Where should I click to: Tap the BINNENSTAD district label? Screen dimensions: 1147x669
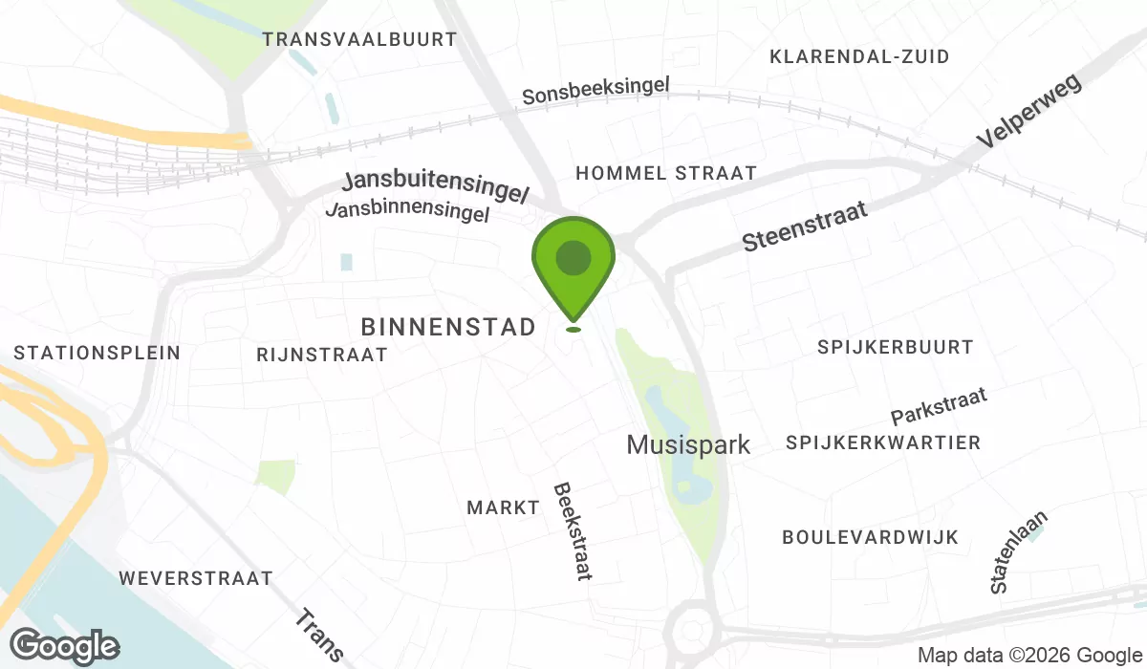448,328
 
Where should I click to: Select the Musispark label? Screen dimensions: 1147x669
688,444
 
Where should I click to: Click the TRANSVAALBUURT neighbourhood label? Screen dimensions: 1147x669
360,39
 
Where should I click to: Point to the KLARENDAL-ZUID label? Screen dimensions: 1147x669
859,57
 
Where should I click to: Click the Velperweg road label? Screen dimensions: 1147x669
1028,112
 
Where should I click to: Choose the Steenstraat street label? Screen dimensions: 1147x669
806,227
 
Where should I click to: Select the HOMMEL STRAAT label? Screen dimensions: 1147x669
665,173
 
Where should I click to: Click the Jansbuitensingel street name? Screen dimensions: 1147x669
436,187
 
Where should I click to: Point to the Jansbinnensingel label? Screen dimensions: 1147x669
408,211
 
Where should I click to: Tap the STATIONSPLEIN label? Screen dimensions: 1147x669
97,353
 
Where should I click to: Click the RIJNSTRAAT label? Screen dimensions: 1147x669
322,355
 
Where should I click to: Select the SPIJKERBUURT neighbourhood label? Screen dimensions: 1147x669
895,347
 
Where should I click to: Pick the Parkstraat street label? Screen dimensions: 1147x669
939,406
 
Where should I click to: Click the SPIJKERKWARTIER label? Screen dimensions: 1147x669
883,442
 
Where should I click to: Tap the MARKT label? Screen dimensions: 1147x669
504,507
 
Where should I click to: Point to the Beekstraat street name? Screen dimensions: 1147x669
573,530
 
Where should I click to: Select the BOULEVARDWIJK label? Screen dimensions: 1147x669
870,537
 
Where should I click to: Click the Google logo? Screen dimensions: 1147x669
65,646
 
